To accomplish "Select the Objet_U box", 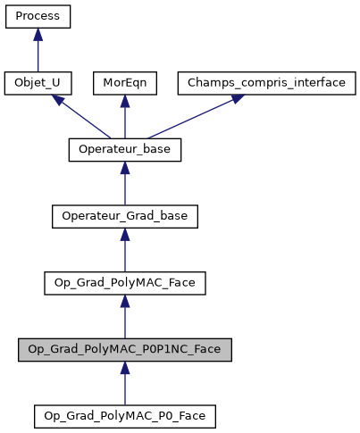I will tap(38, 83).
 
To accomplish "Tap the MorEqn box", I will tap(124, 83).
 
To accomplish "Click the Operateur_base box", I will tap(124, 150).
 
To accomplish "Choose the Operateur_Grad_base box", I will tap(124, 216).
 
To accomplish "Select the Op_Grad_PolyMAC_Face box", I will tap(124, 283).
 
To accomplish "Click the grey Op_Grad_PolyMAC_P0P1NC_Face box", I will tap(124, 349).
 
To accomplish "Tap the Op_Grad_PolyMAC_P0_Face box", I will tap(124, 416).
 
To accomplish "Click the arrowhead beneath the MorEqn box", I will tap(124, 101).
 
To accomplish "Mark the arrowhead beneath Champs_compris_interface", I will tap(236, 98).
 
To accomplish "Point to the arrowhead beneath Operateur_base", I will tap(124, 168).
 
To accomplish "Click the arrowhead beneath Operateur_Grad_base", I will tap(124, 234).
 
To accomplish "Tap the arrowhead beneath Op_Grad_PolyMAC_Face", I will tap(124, 301).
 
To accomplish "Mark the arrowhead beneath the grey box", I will tap(124, 367).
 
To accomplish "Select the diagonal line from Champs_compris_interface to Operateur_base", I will tap(192, 119).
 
